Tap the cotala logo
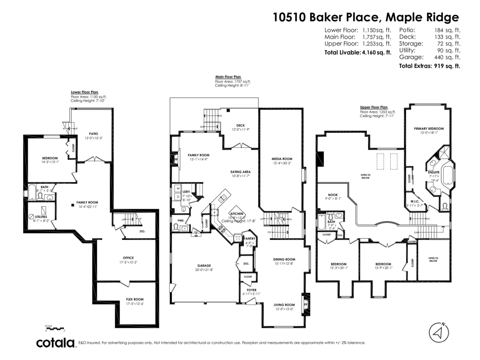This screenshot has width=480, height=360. point(56,343)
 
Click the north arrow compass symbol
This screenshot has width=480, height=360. point(438,332)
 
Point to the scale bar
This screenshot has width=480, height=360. point(55,329)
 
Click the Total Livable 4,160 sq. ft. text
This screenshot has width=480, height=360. point(358,52)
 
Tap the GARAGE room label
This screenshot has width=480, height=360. point(204,265)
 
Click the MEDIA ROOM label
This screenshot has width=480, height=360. point(282,158)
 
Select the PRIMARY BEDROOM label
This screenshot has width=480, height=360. point(429,128)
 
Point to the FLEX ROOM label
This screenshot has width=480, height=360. point(134,299)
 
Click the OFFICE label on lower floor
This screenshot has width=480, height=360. point(128,258)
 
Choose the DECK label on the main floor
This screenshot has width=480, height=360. point(240,125)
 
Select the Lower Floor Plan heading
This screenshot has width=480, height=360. point(84,92)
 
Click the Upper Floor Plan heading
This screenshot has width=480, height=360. point(374,107)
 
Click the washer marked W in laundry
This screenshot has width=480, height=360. point(178,188)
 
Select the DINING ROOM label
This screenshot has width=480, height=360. point(284,259)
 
